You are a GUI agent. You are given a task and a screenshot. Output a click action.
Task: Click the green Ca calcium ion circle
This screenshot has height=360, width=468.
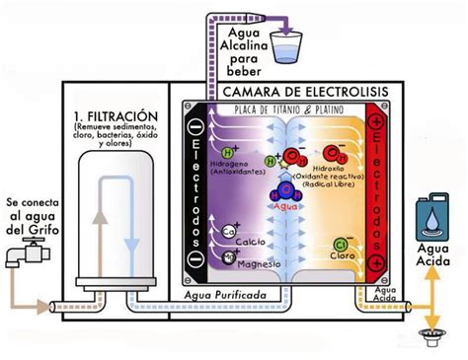229,232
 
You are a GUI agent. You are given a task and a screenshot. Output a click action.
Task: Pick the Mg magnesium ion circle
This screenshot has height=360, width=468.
229,255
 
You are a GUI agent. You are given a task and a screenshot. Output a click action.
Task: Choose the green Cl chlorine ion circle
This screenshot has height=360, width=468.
341,243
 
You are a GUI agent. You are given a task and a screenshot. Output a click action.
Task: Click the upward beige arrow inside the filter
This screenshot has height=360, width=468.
97,223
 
